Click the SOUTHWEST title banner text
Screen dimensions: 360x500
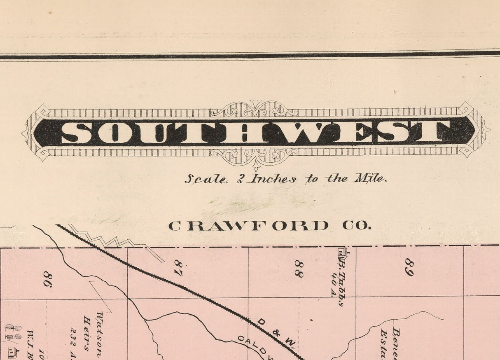pos(255,132)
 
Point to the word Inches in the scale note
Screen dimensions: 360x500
pos(273,178)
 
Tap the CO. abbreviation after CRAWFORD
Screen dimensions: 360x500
pos(356,226)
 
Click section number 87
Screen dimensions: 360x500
pos(178,268)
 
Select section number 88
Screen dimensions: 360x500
pos(299,268)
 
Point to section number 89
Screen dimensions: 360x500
pos(409,267)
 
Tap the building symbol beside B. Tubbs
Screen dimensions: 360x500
pos(342,252)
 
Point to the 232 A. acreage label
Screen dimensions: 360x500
pos(75,338)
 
